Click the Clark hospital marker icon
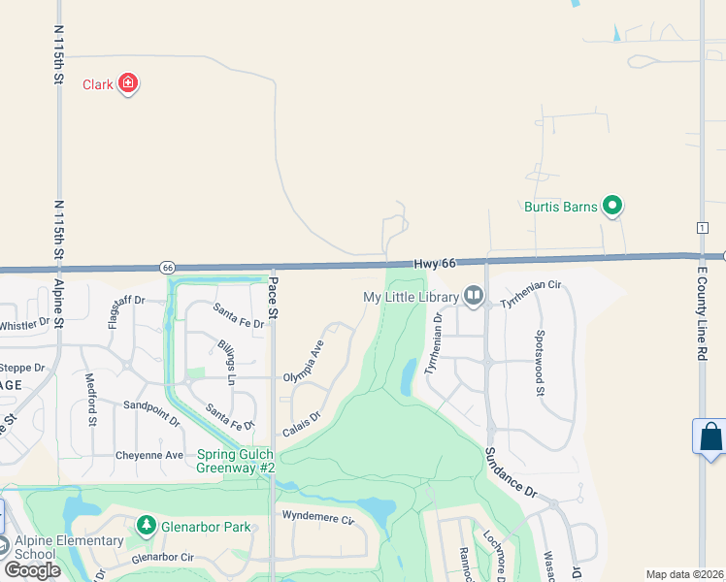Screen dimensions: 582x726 (127, 84)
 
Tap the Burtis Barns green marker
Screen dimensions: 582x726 (611, 206)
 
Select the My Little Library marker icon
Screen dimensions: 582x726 (473, 294)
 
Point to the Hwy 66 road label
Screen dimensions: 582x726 (434, 264)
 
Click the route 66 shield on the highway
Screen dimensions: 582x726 (168, 267)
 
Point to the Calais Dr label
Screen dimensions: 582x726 (301, 424)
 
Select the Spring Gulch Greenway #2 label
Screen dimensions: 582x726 (237, 461)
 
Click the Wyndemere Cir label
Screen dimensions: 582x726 (317, 518)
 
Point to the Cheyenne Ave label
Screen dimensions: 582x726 (149, 455)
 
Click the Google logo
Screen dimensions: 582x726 (32, 570)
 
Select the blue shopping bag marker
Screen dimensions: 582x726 (710, 436)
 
